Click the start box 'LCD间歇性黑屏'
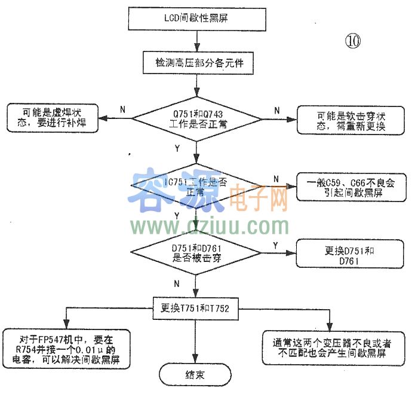tap(196, 18)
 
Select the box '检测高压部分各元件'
tap(196, 62)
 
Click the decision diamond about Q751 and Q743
tap(196, 118)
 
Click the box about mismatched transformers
tap(329, 348)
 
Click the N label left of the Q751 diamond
tap(122, 109)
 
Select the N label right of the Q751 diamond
tap(276, 110)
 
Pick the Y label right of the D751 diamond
tap(274, 245)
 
